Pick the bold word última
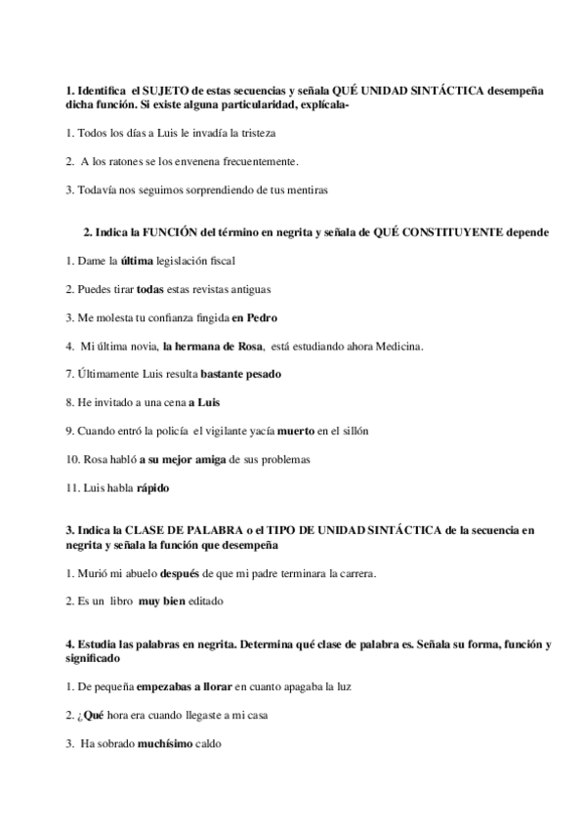[137, 261]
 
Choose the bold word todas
[149, 290]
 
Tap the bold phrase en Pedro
[256, 318]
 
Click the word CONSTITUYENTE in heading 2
[450, 232]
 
